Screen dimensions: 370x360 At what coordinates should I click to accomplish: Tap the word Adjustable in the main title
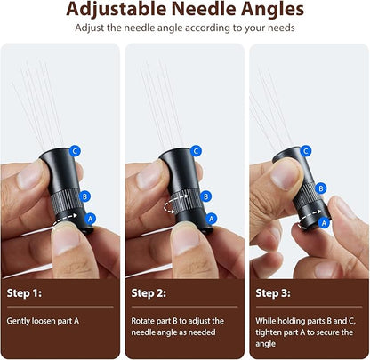[116, 10]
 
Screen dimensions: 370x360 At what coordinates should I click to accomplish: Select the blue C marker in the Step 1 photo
[75, 151]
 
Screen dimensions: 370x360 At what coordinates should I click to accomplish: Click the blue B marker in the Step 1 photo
[84, 196]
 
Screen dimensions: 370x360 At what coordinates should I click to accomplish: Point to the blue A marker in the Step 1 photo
[90, 219]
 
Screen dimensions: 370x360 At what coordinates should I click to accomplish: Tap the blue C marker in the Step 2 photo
[196, 151]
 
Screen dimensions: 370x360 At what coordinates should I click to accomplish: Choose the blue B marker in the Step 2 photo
[205, 196]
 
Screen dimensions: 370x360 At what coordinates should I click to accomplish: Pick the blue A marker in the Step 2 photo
[211, 219]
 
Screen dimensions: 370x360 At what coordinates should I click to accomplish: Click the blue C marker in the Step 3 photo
[306, 151]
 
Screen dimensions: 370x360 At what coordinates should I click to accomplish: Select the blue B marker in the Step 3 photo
[320, 188]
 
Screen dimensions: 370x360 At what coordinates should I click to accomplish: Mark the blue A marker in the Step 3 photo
[324, 223]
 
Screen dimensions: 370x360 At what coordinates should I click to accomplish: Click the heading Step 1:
[24, 293]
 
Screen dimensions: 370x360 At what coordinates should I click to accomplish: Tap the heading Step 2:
[149, 293]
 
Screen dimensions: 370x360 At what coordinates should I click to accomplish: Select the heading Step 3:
[273, 293]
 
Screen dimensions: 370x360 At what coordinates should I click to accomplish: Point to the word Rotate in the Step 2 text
[142, 321]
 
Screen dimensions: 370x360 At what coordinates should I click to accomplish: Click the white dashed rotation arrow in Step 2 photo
[176, 204]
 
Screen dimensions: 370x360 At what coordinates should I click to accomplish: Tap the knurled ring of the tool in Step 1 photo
[66, 201]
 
